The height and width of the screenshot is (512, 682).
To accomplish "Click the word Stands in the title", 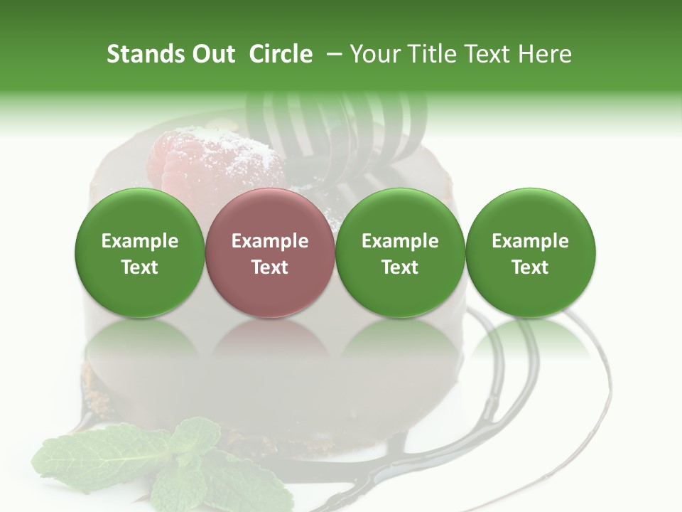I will (145, 54).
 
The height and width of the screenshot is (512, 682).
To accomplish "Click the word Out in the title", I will (212, 54).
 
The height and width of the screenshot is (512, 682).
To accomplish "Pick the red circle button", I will (270, 252).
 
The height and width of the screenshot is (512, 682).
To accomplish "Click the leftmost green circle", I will (140, 252).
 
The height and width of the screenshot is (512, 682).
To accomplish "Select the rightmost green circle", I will (531, 252).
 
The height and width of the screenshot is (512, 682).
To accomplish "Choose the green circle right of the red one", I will (400, 252).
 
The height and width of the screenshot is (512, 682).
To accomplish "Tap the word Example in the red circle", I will (270, 241).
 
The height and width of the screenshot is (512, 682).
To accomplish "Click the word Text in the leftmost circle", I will (140, 267).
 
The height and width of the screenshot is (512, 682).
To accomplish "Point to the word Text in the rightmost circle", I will (531, 267).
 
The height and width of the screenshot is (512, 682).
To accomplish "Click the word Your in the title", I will (374, 54).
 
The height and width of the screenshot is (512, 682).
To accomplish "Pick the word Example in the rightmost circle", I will (531, 241).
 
